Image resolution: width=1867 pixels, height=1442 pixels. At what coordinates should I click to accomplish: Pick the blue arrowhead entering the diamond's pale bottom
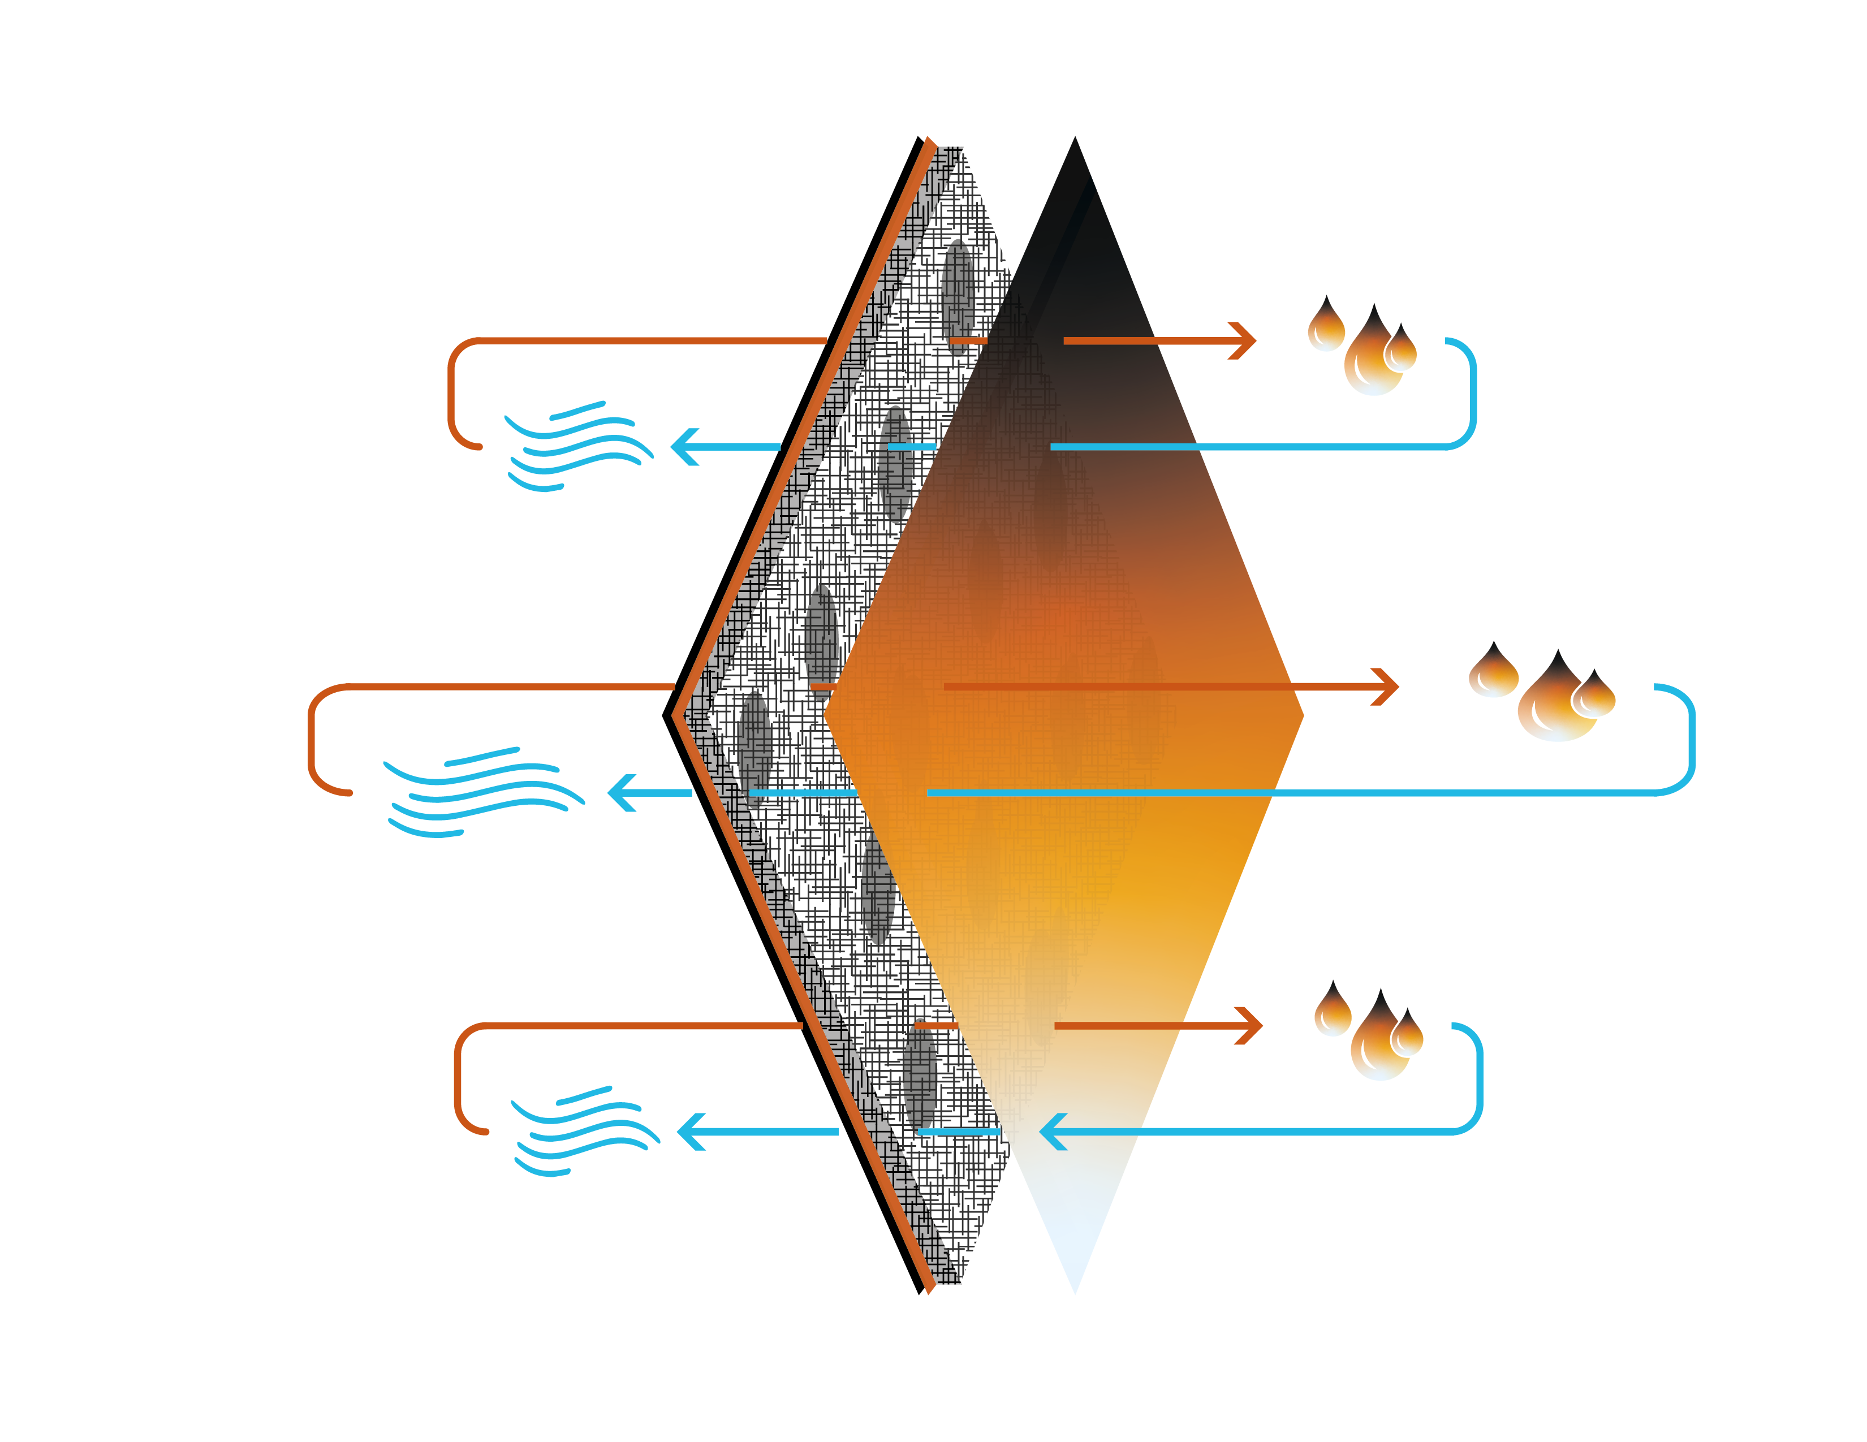[x=1051, y=1132]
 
